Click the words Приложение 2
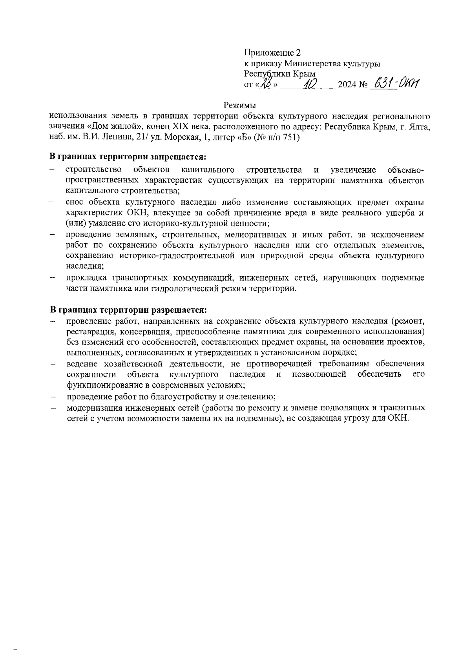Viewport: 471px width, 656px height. click(272, 53)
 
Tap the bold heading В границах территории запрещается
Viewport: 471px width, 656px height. click(128, 157)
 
